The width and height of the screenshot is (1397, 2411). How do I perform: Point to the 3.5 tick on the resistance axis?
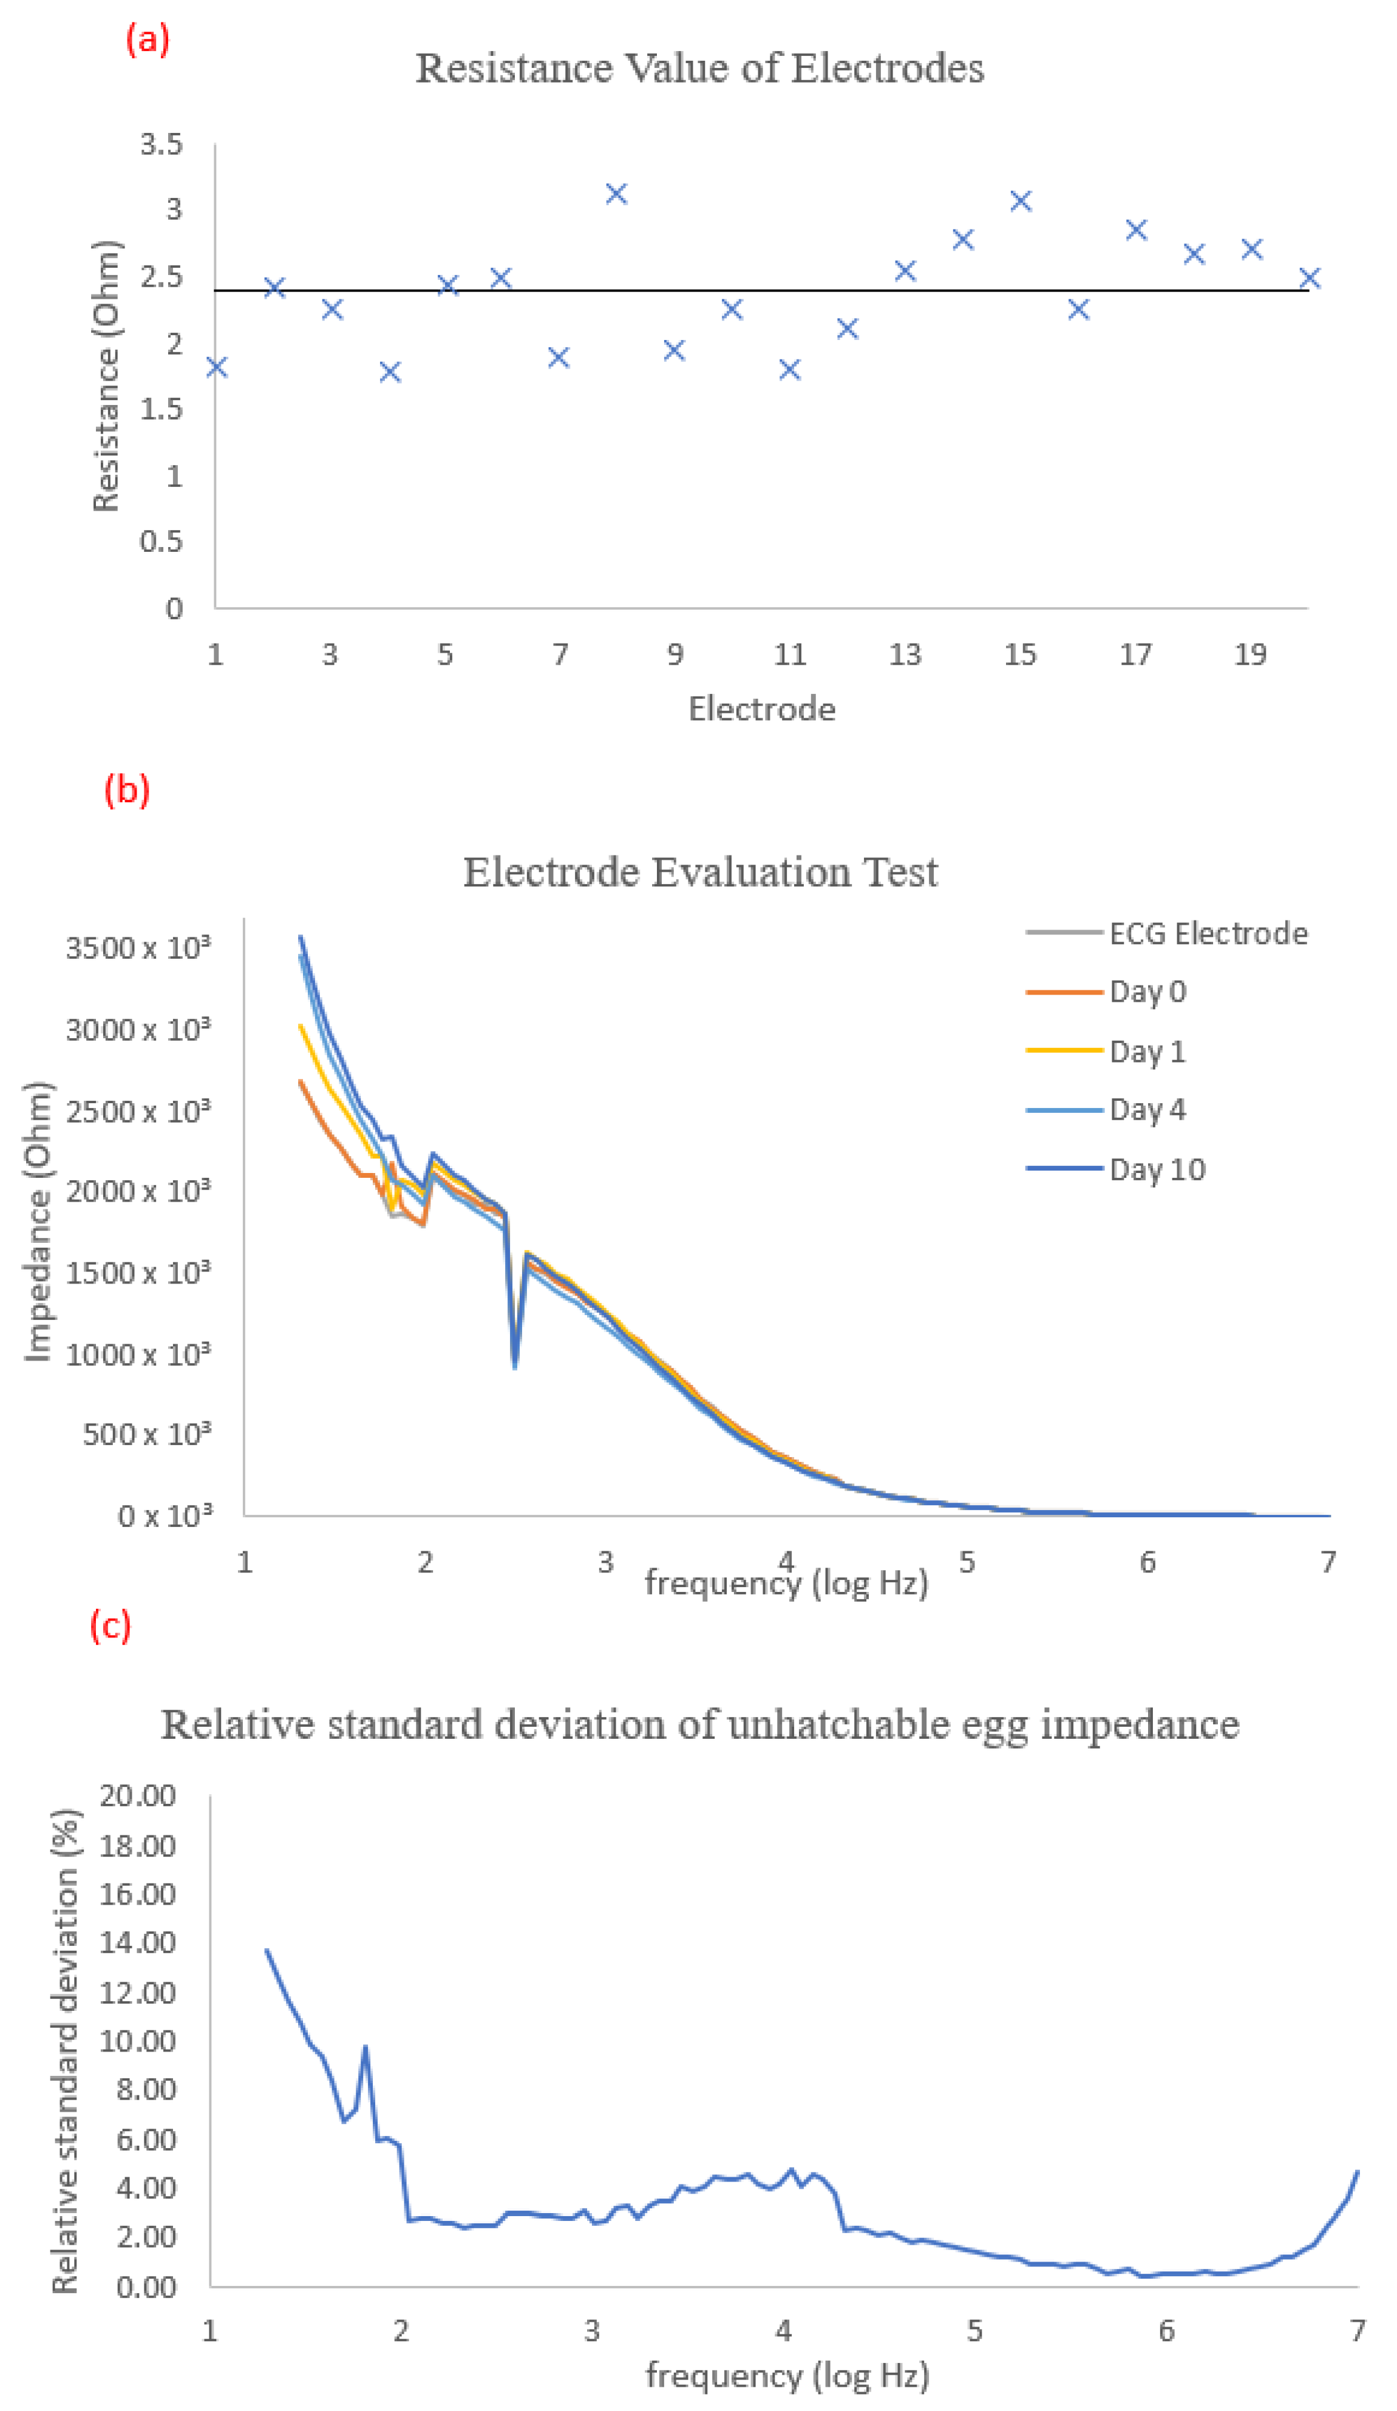click(x=161, y=145)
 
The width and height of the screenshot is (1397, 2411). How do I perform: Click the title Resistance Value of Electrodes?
click(x=699, y=69)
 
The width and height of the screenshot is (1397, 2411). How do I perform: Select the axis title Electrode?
click(x=762, y=709)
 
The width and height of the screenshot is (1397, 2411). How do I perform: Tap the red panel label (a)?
click(x=148, y=39)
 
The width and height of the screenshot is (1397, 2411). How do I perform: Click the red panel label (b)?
click(x=127, y=791)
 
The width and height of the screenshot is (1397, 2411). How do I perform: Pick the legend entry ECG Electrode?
click(x=1208, y=933)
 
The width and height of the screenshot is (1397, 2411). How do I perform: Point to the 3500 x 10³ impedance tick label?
click(x=137, y=948)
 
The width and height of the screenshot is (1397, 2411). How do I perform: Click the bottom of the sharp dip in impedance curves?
click(x=515, y=1365)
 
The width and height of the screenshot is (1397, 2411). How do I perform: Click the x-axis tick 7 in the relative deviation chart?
click(x=1357, y=2331)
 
